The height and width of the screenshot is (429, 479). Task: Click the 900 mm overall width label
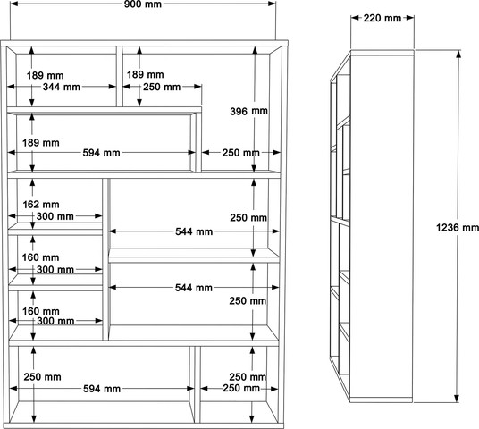[143, 4]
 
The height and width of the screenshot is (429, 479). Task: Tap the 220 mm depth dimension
[382, 18]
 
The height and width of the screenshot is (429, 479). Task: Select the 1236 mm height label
[458, 227]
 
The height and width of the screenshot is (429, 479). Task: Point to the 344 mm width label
[62, 87]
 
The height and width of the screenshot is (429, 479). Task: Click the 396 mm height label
[249, 111]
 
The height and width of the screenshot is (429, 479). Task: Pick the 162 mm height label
[41, 204]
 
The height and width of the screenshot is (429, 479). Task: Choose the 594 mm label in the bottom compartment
[102, 389]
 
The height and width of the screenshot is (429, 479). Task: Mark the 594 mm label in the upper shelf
[101, 153]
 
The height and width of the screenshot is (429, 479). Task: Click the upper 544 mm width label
[194, 231]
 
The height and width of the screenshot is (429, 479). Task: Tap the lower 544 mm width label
[194, 288]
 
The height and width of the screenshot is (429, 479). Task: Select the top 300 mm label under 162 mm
[55, 216]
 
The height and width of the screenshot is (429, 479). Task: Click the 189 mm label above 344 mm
[45, 75]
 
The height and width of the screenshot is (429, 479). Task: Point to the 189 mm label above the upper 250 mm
[146, 74]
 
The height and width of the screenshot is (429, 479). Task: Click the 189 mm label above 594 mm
[40, 142]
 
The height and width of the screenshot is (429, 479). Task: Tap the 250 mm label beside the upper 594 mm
[241, 153]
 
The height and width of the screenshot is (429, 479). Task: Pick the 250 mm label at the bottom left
[43, 377]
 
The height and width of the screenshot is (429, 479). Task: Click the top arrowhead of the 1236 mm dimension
[458, 53]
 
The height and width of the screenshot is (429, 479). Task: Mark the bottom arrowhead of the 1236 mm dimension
[457, 399]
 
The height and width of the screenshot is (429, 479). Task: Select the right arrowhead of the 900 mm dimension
[273, 4]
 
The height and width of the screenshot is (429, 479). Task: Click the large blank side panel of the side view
[382, 226]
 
